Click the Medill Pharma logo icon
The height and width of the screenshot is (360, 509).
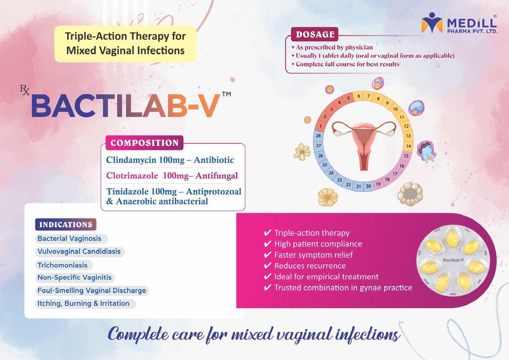click(x=432, y=23)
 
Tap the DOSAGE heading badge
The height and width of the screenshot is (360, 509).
click(x=315, y=34)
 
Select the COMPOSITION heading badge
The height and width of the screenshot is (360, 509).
click(x=144, y=143)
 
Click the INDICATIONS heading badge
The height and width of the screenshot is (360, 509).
click(x=66, y=224)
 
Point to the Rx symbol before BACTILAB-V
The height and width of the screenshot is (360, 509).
click(x=25, y=90)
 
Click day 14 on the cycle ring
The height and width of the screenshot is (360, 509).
click(x=408, y=146)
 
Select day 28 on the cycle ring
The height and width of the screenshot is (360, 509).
click(x=318, y=136)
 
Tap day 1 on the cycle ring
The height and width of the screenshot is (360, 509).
click(x=321, y=126)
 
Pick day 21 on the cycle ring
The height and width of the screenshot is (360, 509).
click(x=358, y=186)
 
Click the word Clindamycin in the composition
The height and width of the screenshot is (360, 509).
click(x=131, y=160)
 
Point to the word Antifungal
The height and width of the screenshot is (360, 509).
click(x=217, y=176)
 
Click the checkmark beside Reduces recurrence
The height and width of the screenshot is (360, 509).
click(x=268, y=265)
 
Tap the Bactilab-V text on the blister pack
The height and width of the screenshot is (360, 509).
click(x=453, y=260)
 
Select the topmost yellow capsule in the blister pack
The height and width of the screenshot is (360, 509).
click(x=452, y=237)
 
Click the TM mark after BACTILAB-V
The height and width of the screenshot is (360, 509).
click(x=226, y=94)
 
